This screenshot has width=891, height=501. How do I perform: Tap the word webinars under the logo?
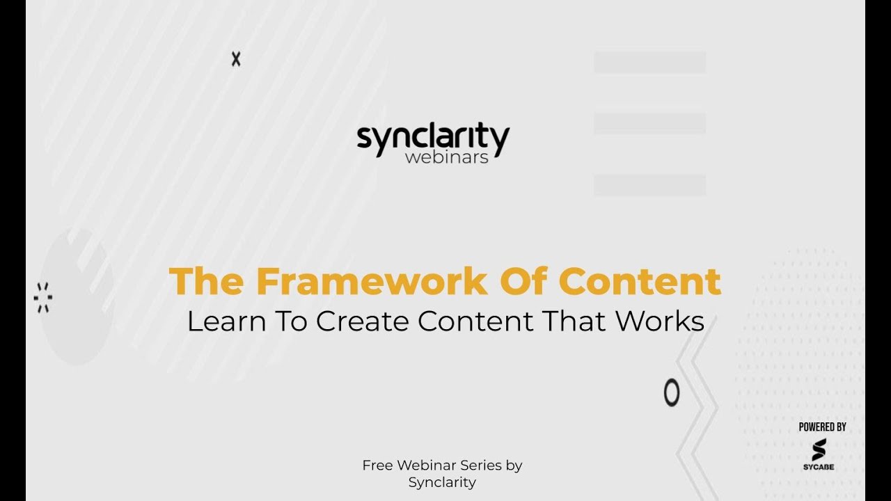pos(446,157)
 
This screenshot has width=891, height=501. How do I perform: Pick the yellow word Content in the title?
pos(640,281)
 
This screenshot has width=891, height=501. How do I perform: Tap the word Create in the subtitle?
pos(362,321)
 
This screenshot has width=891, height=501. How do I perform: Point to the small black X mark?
pos(236,60)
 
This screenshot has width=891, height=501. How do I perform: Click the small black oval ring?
pos(671,393)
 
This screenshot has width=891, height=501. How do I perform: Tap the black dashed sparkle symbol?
pos(43,298)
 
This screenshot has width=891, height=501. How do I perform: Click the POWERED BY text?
pos(822,427)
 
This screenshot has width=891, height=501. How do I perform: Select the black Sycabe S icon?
pos(819,449)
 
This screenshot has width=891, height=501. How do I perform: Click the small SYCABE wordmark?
pos(819,467)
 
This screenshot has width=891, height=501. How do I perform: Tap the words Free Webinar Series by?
pos(442,465)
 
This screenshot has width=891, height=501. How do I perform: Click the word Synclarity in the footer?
pos(442,482)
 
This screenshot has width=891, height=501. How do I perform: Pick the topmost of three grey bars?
pos(649,62)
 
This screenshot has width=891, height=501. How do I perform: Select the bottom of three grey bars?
pos(649,185)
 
